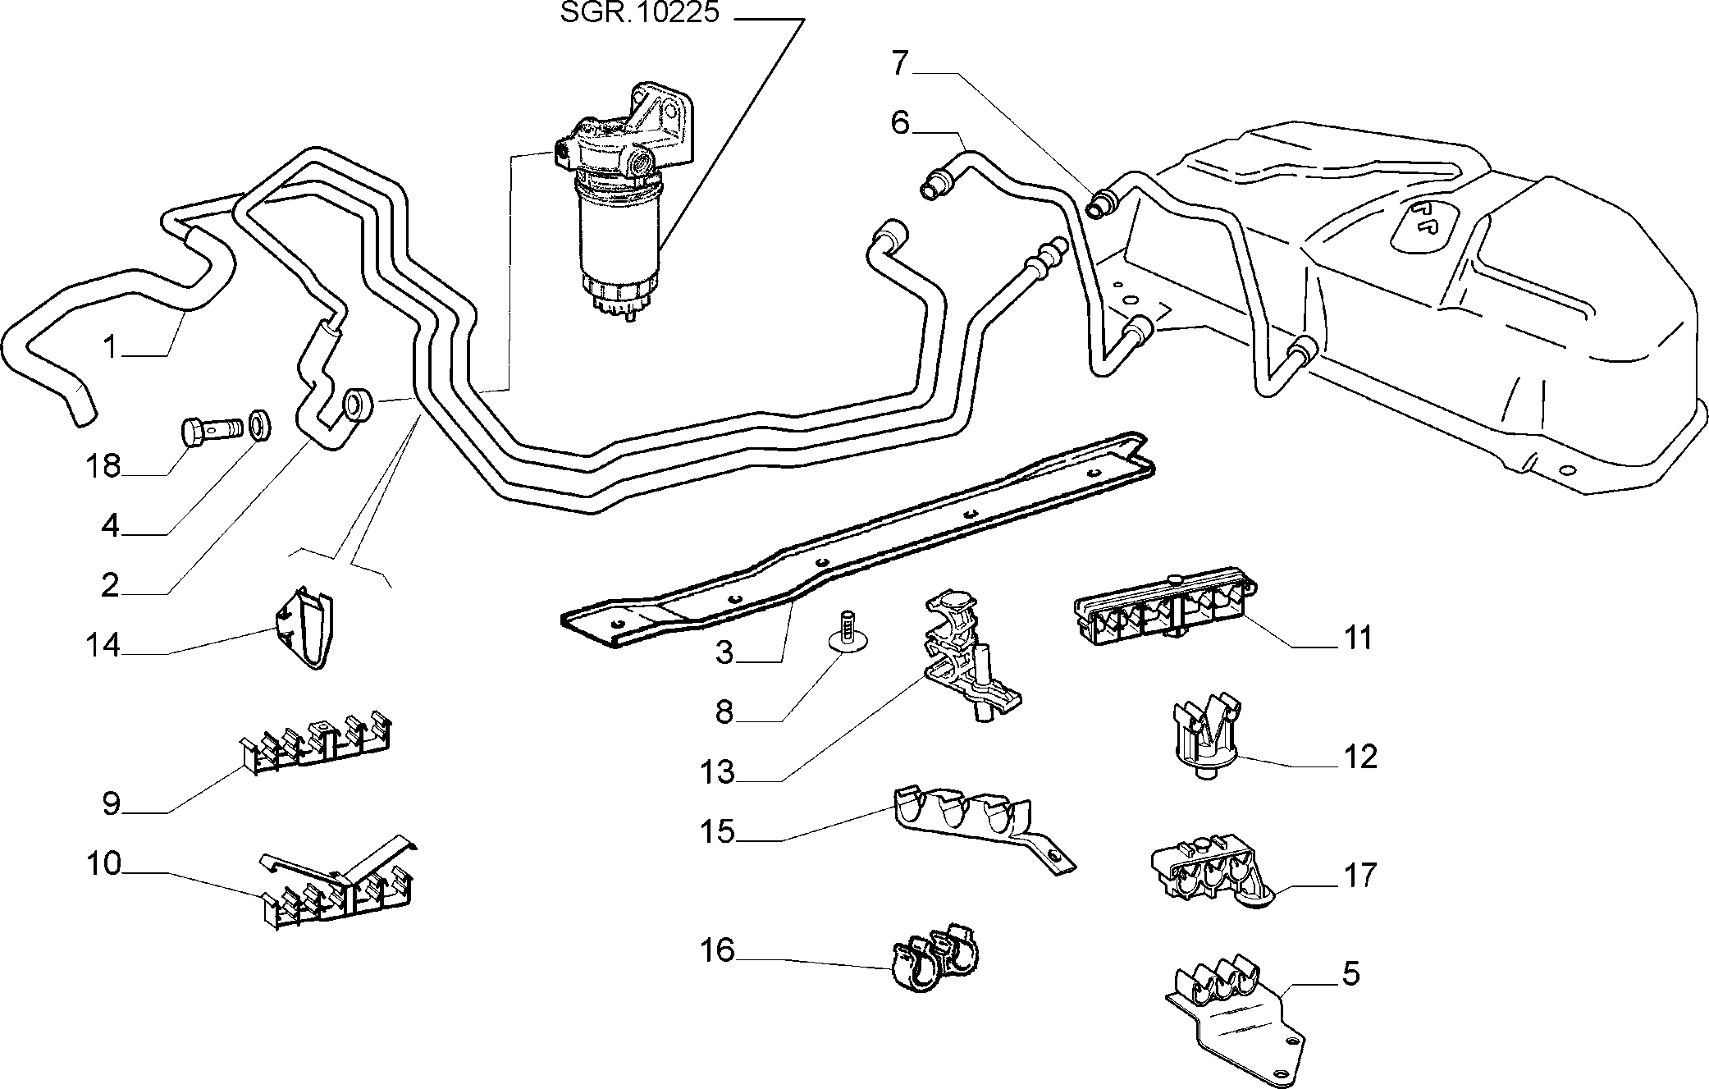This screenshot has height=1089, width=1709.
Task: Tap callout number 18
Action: pos(103,466)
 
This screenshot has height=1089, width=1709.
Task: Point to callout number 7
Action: pos(900,63)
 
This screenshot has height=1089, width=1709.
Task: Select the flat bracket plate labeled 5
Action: pos(1236,1016)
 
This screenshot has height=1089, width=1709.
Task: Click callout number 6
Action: pos(900,123)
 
